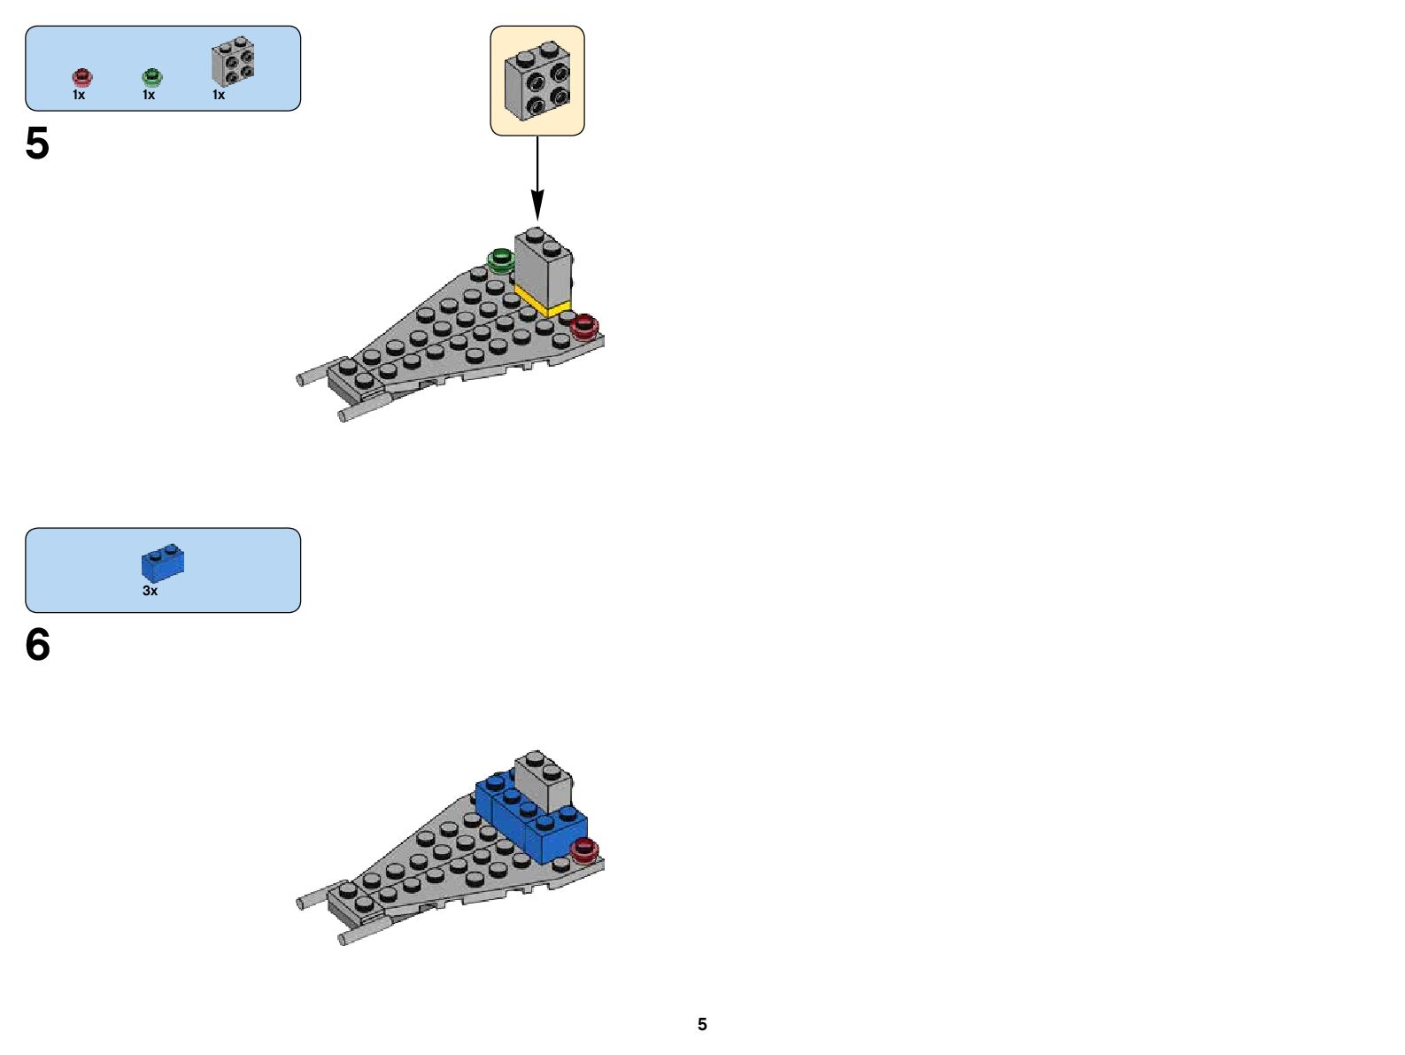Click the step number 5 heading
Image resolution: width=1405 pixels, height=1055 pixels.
tap(37, 144)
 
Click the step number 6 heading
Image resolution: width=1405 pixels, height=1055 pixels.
tap(37, 645)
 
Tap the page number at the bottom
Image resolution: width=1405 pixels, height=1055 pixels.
tap(702, 1024)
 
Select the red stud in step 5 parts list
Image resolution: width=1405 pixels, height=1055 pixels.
tap(81, 76)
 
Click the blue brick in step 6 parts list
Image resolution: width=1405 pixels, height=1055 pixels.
tap(163, 562)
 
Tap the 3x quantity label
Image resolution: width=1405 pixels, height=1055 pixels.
tap(151, 591)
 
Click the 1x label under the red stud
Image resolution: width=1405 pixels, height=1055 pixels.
tap(79, 95)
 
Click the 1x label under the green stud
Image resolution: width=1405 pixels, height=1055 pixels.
tap(149, 95)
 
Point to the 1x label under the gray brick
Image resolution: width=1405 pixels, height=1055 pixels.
tap(219, 95)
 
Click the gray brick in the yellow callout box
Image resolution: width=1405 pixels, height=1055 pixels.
tap(537, 81)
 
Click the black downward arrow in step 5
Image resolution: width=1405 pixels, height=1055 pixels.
tap(537, 177)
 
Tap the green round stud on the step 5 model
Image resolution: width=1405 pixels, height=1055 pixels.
tap(501, 260)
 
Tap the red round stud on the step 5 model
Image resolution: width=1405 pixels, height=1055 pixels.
tap(584, 327)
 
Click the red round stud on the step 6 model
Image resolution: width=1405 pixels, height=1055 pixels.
tap(584, 849)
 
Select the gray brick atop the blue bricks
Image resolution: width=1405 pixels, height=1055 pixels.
tap(543, 780)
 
